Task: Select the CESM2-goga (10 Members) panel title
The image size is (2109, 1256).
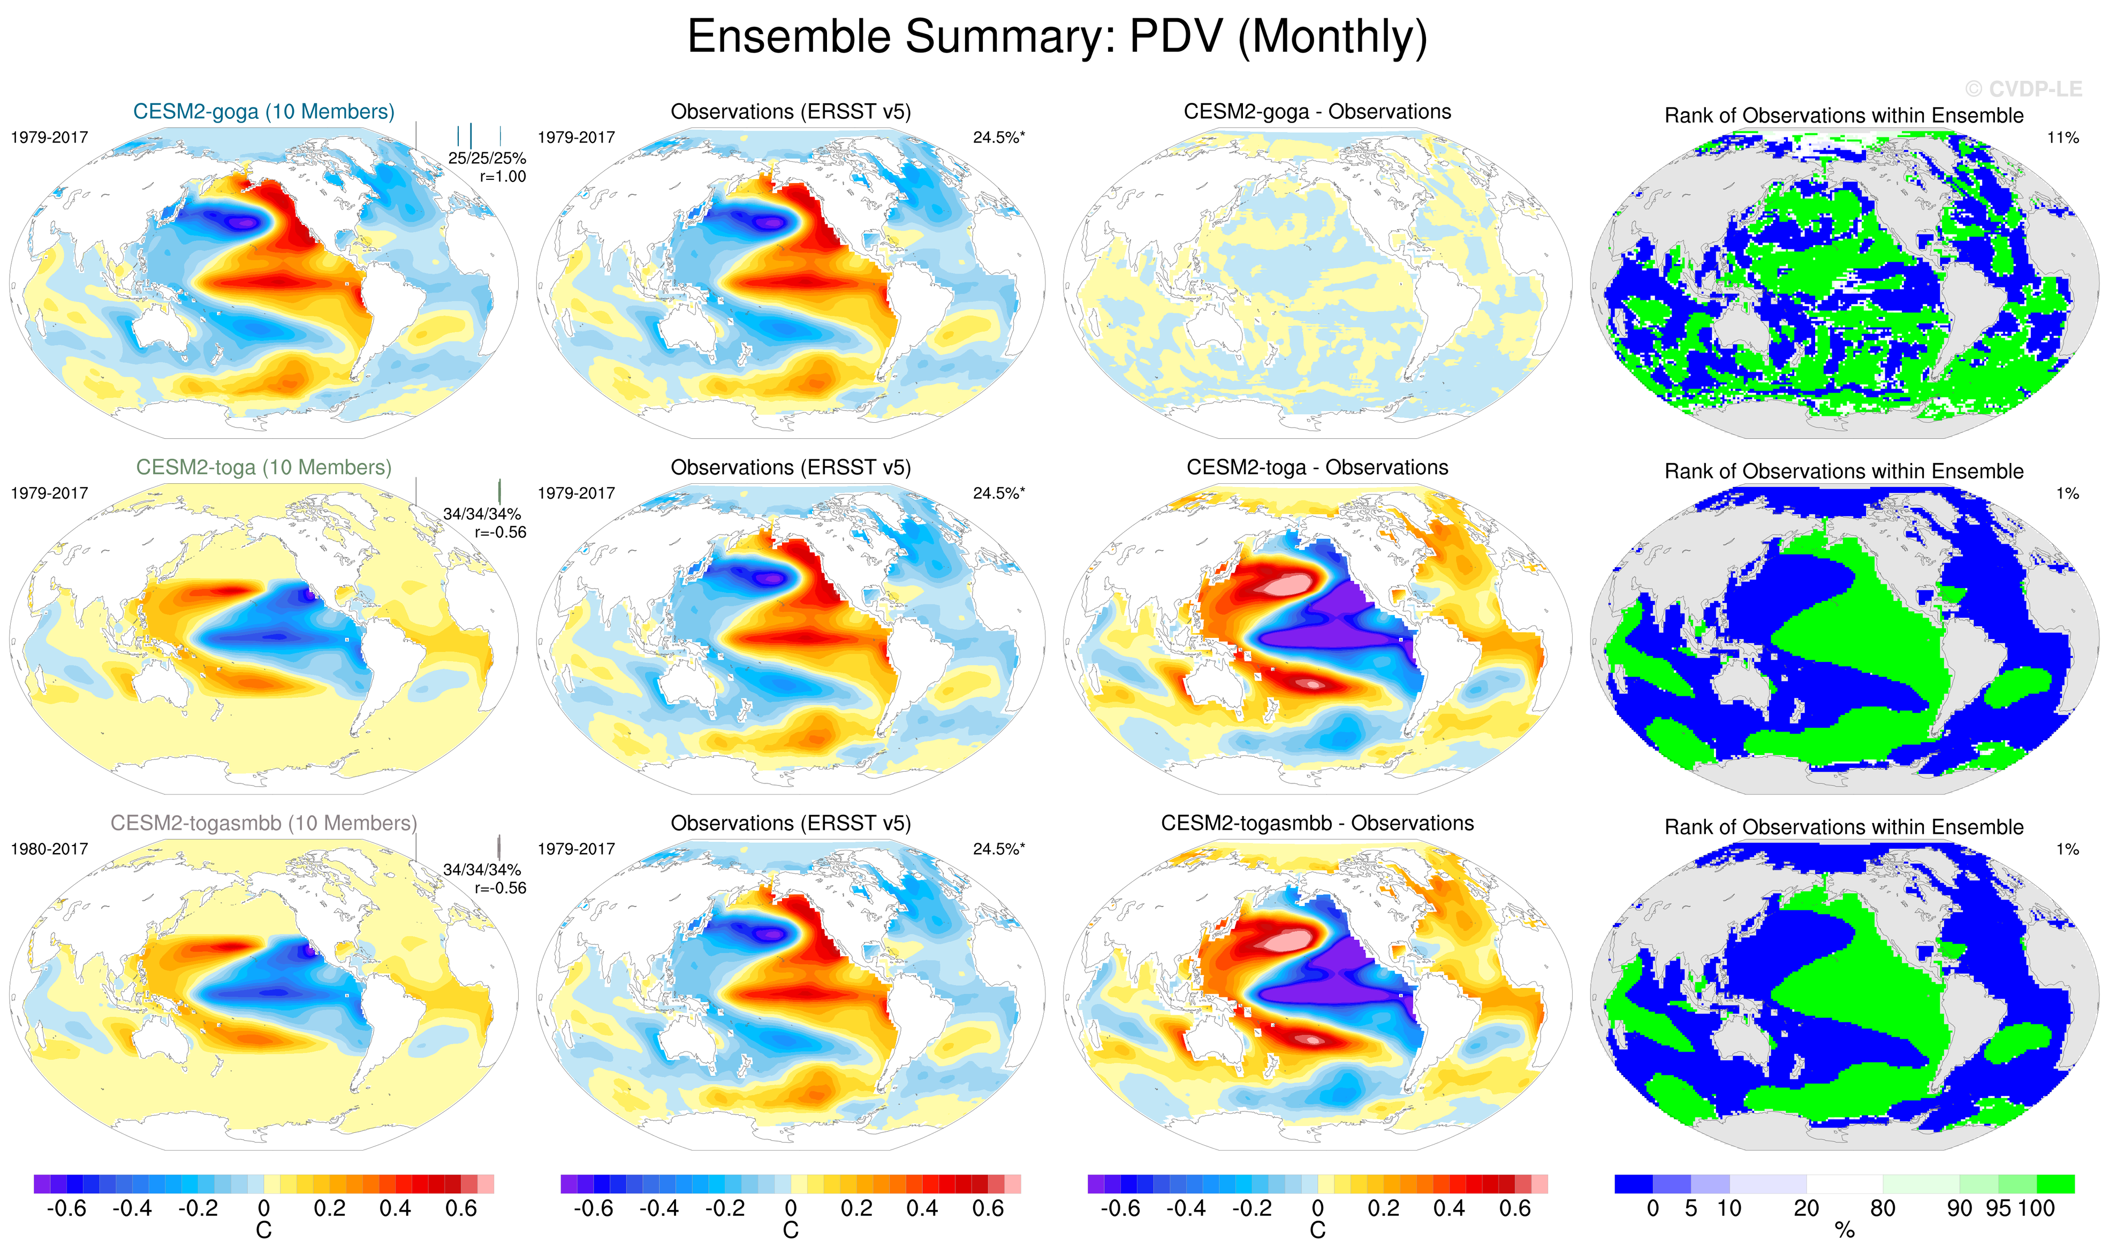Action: point(263,112)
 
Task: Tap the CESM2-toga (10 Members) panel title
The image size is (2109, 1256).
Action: point(263,467)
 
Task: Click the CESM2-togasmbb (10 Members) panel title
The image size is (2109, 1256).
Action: point(263,823)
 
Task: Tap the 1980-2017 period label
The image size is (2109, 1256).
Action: point(49,849)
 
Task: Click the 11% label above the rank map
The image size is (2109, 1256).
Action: point(2062,137)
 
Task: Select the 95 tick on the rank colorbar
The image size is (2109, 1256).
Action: point(1998,1208)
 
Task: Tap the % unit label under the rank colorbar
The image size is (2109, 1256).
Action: point(1845,1231)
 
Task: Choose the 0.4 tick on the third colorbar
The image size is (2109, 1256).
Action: point(1449,1208)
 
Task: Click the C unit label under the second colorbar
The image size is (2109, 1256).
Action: point(791,1231)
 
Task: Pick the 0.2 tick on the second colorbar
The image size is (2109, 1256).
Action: point(856,1208)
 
